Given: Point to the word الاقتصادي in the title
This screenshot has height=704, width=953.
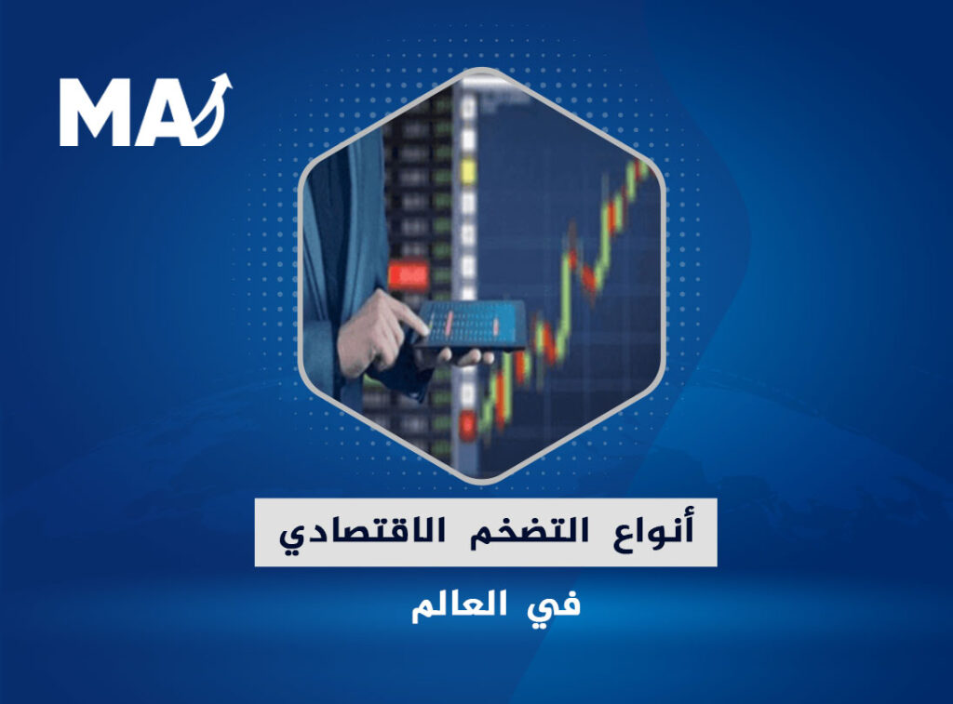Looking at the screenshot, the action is pos(362,533).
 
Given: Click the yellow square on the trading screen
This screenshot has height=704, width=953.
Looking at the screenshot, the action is pos(467,171).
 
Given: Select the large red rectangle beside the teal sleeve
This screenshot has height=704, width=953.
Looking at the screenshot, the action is pos(409,275).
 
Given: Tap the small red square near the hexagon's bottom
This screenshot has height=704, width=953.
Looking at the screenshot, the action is pos(467,423).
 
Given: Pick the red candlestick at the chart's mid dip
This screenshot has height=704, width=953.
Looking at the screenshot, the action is pos(589,278).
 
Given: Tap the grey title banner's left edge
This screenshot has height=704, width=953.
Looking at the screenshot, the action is pos(255,533).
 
